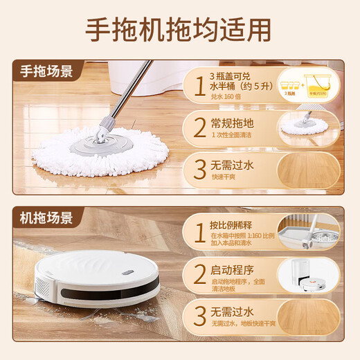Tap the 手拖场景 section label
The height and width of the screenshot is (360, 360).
46,70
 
